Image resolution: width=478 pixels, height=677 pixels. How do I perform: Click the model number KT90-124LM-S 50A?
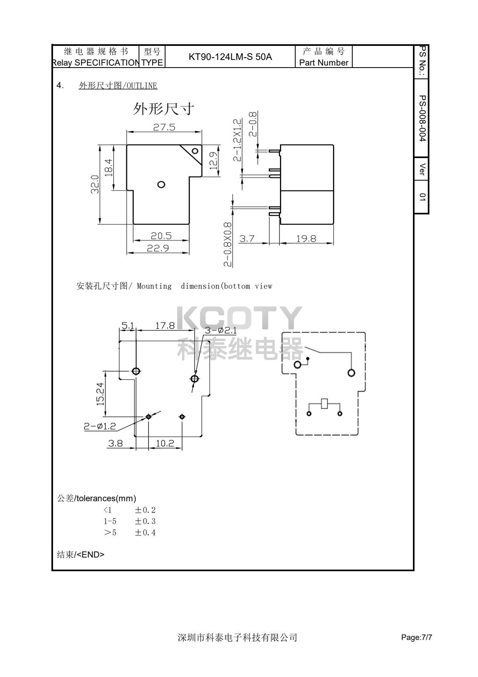(230, 57)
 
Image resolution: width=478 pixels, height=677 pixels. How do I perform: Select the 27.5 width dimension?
(164, 127)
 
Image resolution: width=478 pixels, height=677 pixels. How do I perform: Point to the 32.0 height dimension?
(95, 184)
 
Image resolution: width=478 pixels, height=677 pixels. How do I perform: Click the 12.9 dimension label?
(213, 160)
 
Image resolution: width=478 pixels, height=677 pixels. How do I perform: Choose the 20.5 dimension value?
(161, 236)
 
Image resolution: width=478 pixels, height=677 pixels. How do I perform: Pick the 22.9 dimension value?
(157, 248)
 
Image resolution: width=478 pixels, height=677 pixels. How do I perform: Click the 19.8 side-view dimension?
(306, 239)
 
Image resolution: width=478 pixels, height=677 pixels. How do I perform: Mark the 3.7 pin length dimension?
(247, 239)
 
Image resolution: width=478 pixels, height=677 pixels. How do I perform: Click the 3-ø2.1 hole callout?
(221, 330)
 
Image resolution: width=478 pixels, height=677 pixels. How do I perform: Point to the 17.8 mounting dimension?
(165, 325)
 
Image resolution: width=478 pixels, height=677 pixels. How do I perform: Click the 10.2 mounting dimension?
(165, 443)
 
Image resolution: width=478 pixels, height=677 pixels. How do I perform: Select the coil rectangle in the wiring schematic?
(325, 403)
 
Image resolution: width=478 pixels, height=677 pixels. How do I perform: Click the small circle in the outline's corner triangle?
(195, 151)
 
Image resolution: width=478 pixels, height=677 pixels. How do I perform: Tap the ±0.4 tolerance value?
(145, 533)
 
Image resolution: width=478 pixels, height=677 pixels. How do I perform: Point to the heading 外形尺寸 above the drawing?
(163, 109)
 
